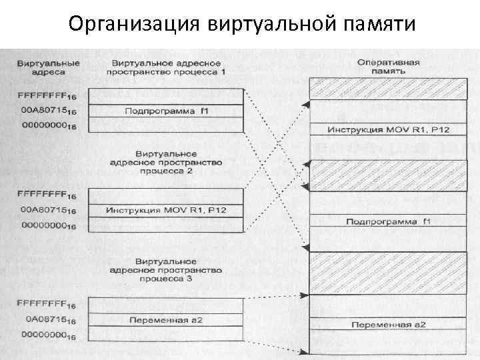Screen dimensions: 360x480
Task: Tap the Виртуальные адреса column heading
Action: [x=48, y=67]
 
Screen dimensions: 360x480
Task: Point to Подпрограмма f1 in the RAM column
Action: [x=388, y=221]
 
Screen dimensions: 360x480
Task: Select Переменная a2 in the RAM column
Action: [x=388, y=325]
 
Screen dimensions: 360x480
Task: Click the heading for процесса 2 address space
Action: [x=167, y=163]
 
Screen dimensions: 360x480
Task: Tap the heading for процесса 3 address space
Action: [x=167, y=271]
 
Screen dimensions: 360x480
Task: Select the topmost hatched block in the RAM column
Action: [x=388, y=88]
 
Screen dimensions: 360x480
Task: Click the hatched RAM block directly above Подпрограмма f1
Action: [x=388, y=175]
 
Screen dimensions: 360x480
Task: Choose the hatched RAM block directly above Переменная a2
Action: [x=388, y=273]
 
